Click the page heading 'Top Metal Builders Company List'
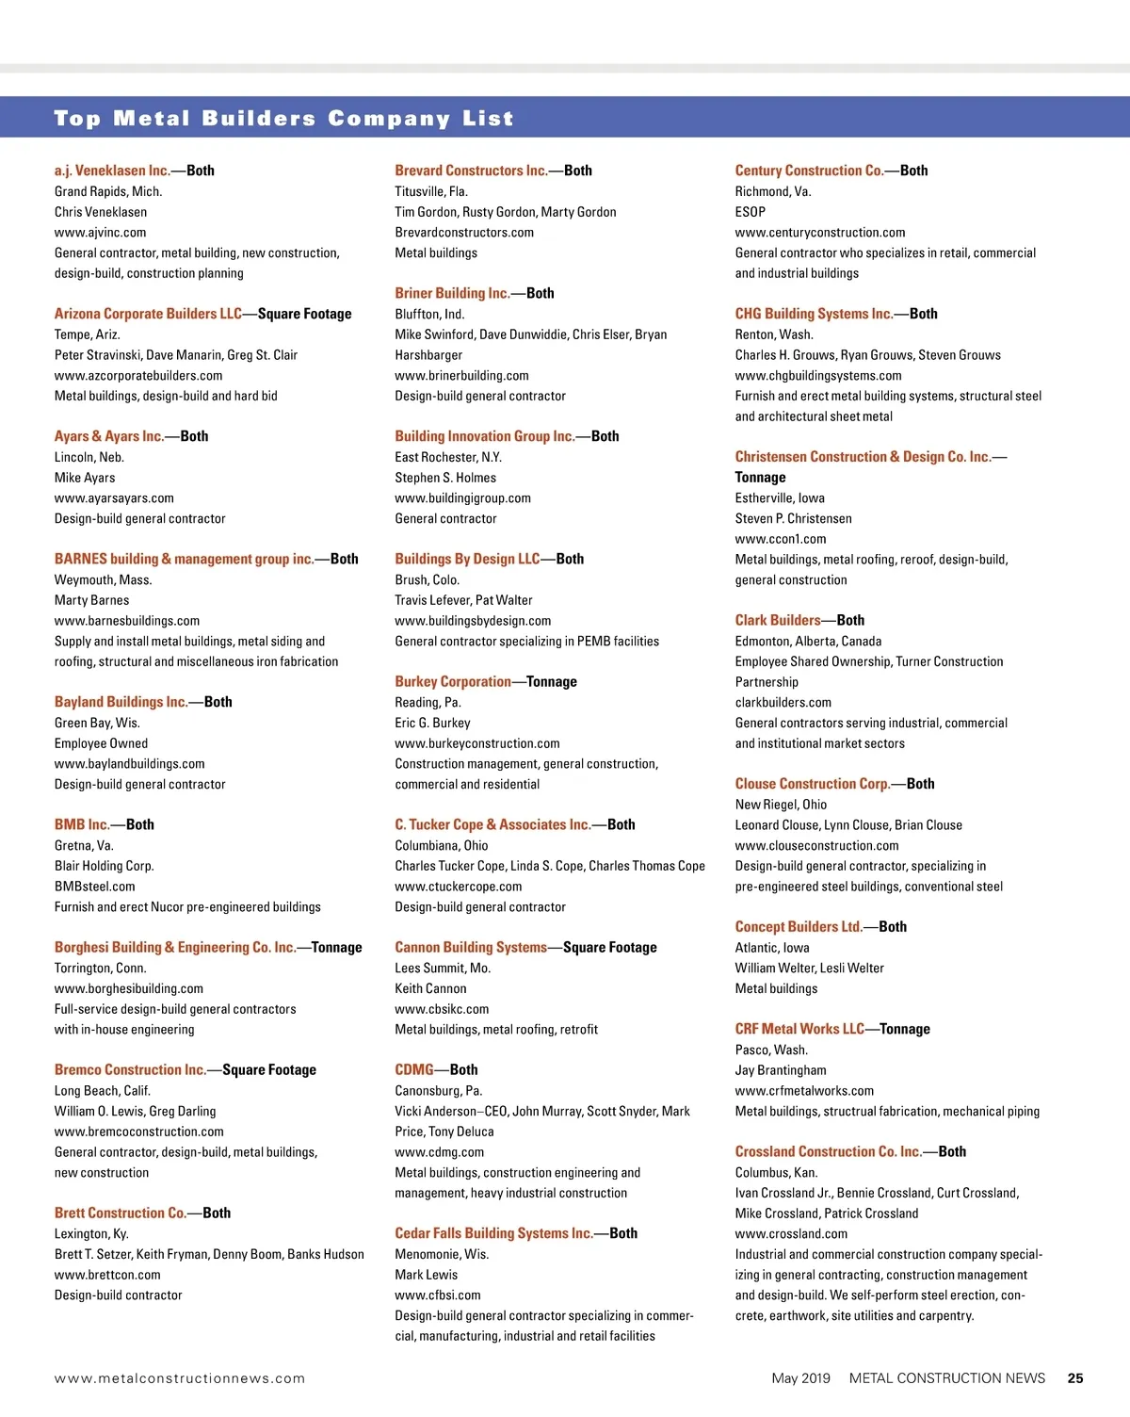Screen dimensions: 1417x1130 283,119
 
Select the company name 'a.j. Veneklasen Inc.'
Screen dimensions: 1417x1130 112,171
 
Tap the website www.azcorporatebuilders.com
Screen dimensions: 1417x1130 138,376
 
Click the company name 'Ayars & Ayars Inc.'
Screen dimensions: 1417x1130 109,436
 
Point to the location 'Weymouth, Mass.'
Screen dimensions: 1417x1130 103,580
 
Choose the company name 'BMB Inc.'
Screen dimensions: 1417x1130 82,824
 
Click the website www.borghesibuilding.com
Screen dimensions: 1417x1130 129,989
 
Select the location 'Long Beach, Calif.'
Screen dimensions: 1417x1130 103,1091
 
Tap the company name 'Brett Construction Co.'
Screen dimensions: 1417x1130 121,1213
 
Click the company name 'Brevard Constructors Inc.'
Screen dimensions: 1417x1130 471,171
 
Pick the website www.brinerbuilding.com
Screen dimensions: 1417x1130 461,376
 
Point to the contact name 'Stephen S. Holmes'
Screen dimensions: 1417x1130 445,478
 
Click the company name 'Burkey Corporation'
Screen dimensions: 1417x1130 453,682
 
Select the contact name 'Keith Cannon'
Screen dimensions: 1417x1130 430,989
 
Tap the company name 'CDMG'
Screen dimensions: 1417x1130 414,1070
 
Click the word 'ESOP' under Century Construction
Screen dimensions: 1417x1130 751,212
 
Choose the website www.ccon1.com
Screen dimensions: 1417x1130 781,539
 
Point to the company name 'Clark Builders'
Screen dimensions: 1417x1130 778,621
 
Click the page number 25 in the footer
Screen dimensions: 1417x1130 1075,1378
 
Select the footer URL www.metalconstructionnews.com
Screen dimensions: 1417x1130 180,1378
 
